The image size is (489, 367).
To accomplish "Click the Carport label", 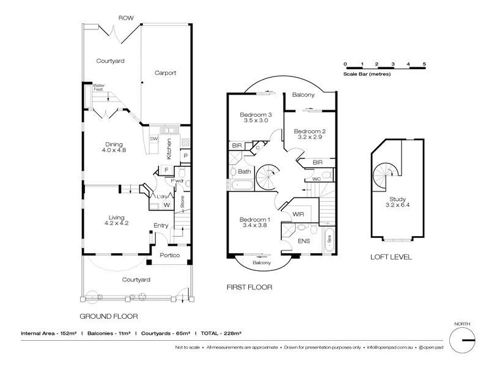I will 165,73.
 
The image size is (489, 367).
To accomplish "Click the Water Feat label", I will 98,87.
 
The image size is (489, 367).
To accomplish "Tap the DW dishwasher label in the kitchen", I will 154,139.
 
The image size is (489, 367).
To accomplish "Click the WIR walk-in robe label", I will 298,215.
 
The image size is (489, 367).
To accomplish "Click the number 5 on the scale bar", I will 424,64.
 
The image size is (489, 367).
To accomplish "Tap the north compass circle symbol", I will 463,339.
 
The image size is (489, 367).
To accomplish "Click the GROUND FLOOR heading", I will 109,316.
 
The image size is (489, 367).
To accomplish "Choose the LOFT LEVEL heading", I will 392,258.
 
